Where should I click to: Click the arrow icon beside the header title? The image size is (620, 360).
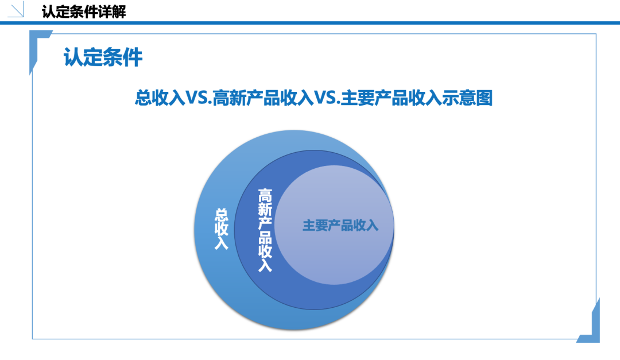pos(16,10)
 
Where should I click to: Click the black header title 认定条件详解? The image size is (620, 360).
pos(84,12)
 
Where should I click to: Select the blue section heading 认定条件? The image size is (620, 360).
pos(103,57)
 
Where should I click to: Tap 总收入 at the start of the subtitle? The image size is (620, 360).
pos(160,98)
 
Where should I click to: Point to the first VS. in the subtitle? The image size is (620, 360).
pos(199,98)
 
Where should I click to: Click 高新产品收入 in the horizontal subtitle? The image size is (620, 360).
pos(263,98)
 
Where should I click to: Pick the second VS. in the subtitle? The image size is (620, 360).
pos(327,98)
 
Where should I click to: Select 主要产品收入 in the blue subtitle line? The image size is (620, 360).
pos(391,98)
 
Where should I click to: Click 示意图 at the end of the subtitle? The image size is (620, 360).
pos(467,98)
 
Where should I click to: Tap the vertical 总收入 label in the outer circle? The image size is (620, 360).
pos(222,229)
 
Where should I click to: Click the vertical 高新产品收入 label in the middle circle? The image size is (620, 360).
pos(265,230)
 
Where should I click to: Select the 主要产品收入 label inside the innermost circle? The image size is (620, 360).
pos(340,226)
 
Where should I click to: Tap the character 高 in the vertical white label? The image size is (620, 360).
pos(265,195)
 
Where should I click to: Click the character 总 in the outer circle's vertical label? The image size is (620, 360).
pos(222,215)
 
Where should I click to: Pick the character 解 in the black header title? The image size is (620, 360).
pos(119,12)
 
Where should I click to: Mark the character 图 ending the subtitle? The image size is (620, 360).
pos(485,98)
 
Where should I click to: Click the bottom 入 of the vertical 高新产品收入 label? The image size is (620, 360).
pos(265,265)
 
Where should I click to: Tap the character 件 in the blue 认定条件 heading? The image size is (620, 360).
pos(133,57)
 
